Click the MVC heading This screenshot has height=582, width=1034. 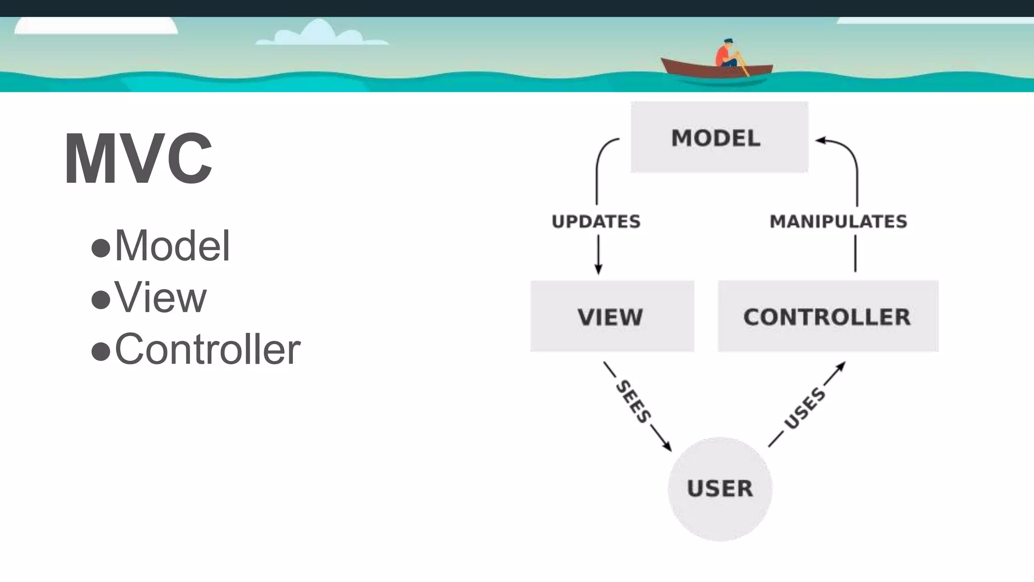coord(138,159)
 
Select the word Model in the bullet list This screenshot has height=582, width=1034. coord(172,246)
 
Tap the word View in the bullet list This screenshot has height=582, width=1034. coord(161,298)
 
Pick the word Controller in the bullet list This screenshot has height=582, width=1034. coord(208,349)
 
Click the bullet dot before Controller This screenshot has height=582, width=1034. coord(100,351)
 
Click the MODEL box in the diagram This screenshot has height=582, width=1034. coord(719,137)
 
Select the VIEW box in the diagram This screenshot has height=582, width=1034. coord(612,316)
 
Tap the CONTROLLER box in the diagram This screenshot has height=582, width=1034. coord(828,316)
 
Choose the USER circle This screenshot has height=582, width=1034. coord(720,489)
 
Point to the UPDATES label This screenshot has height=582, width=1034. coord(596,222)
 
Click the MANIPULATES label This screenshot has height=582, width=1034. coord(838,222)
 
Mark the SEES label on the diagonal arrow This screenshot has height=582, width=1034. coord(633,402)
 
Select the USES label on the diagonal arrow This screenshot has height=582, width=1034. coord(805,408)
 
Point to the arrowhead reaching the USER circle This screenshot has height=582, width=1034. coord(667,447)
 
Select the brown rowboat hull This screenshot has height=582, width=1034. coord(716,69)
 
